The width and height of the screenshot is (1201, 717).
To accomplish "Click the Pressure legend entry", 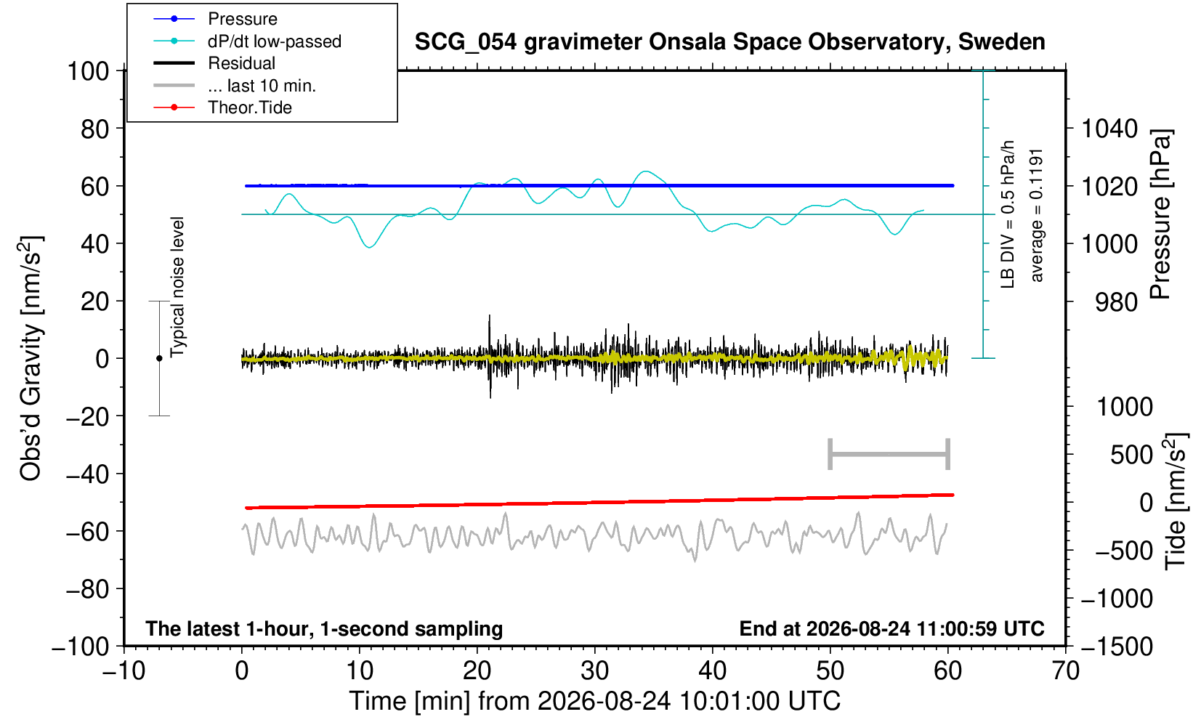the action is pos(243,19).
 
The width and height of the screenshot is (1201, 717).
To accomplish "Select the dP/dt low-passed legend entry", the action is pos(275,41).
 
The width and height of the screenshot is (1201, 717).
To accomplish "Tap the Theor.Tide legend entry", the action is pos(250,108).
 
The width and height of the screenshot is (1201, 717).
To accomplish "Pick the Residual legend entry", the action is pos(241,63).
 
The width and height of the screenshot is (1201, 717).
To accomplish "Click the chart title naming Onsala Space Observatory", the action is pos(729,42).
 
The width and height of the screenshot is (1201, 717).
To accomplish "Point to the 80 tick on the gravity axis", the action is pos(95,129).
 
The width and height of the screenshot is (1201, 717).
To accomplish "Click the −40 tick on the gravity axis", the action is pos(87,474).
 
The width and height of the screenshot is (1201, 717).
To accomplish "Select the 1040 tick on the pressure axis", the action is pos(1109,129).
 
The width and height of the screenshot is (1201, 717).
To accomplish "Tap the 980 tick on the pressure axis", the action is pos(1116,302).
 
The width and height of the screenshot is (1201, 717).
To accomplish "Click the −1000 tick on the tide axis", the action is pos(1117,599).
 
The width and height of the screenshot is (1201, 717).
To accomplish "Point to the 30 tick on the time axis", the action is pos(594,671).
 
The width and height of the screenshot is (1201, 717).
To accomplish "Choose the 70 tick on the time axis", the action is pos(1065,671).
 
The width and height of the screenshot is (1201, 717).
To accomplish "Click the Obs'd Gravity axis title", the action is pos(31,358).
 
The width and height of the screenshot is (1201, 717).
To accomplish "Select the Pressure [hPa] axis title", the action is pos(1161,214).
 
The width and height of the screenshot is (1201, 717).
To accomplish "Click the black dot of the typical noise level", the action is pos(159,358).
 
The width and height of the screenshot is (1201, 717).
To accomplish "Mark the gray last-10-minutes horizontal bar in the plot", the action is pos(889,454).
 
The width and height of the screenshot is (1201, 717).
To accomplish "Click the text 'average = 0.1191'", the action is pos(1036,215).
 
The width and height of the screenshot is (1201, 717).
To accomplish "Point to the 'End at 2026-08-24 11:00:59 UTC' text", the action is pos(891,628).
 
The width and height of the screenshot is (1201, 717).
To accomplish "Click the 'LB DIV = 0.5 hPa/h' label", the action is pos(1008,214).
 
